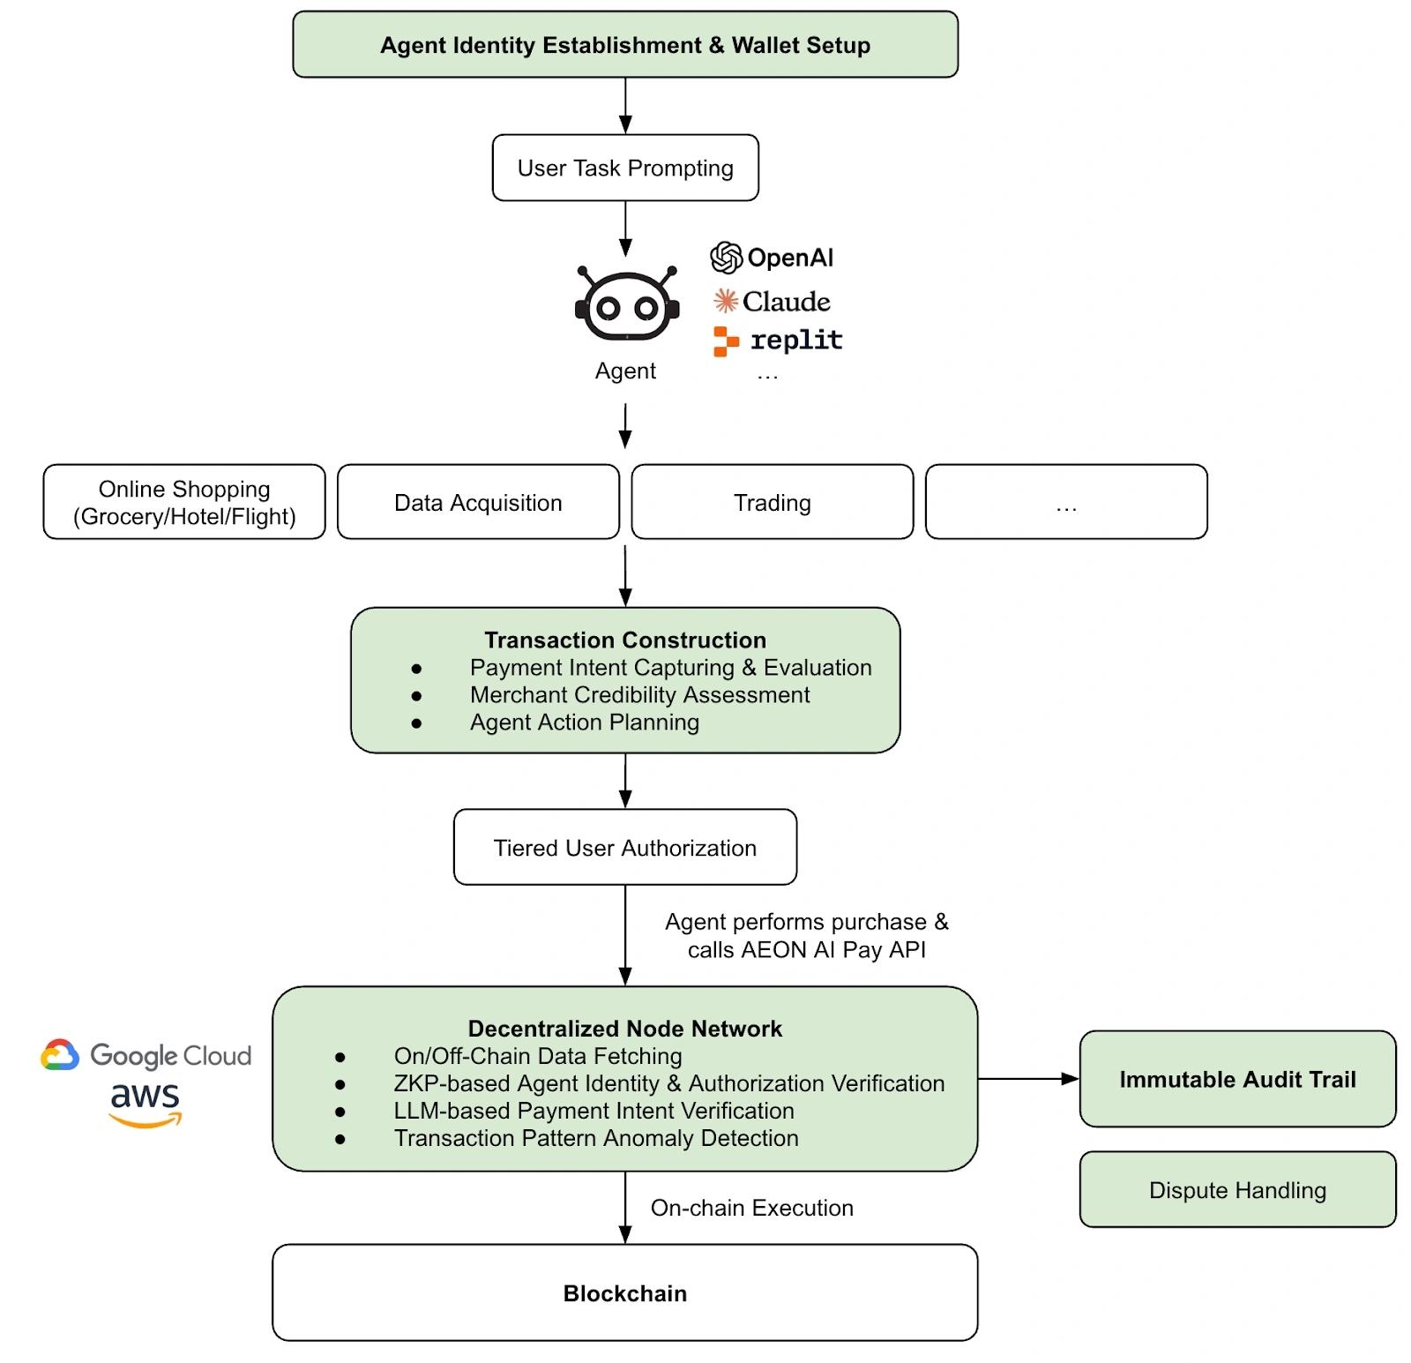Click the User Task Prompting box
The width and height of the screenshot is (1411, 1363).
[x=625, y=168]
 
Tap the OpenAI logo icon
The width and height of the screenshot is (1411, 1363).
[x=727, y=258]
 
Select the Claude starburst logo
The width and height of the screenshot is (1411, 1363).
[x=725, y=301]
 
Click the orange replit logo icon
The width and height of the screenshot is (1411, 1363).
[x=726, y=341]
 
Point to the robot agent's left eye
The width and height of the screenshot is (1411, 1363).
[x=608, y=309]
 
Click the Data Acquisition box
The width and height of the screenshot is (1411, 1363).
[x=478, y=502]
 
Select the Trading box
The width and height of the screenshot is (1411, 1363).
[x=773, y=502]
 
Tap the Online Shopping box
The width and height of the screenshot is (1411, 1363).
[x=184, y=502]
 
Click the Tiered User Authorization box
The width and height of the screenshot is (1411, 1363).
[x=625, y=847]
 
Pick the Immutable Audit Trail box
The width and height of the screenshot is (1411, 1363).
[x=1237, y=1079]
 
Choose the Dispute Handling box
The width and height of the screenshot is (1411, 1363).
[x=1237, y=1189]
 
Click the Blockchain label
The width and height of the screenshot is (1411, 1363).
[x=625, y=1293]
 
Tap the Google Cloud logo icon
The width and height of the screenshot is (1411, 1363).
[x=60, y=1055]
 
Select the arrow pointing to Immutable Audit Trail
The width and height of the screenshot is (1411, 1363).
[x=1028, y=1078]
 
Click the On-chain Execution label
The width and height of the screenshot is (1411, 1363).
[x=752, y=1208]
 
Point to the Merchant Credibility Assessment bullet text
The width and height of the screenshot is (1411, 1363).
[x=639, y=695]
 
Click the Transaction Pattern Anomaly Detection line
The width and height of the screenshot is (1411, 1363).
[x=596, y=1138]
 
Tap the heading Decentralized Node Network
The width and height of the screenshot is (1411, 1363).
[x=625, y=1029]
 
